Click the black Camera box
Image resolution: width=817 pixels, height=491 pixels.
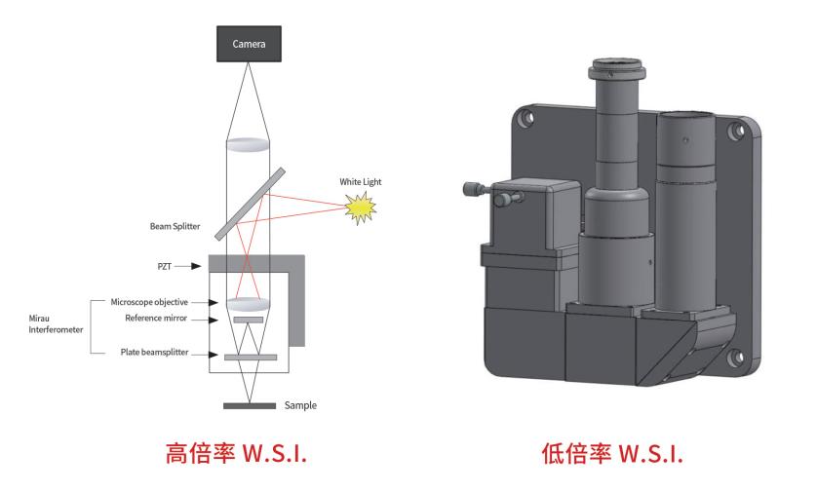(249, 44)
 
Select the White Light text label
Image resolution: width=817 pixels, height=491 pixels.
(361, 181)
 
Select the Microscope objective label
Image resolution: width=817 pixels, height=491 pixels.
(163, 302)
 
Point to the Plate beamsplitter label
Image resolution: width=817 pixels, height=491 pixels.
(164, 353)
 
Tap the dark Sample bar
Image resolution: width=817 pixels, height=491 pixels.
(249, 404)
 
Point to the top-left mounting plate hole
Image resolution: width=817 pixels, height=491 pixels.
(527, 121)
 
